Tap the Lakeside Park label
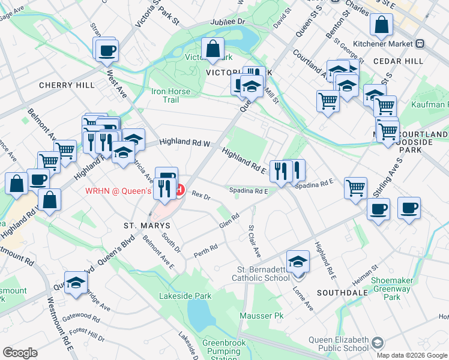tap(185, 296)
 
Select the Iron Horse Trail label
tap(171, 96)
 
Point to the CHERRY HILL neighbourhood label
tap(67, 85)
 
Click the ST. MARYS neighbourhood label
tap(147, 226)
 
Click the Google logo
tap(20, 353)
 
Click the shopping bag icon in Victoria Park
tap(213, 49)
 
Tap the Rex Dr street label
tap(200, 195)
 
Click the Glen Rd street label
tap(229, 220)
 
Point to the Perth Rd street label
tap(205, 251)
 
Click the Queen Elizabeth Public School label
tap(339, 344)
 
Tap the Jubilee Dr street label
tap(228, 22)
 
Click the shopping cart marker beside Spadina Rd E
tap(355, 188)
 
